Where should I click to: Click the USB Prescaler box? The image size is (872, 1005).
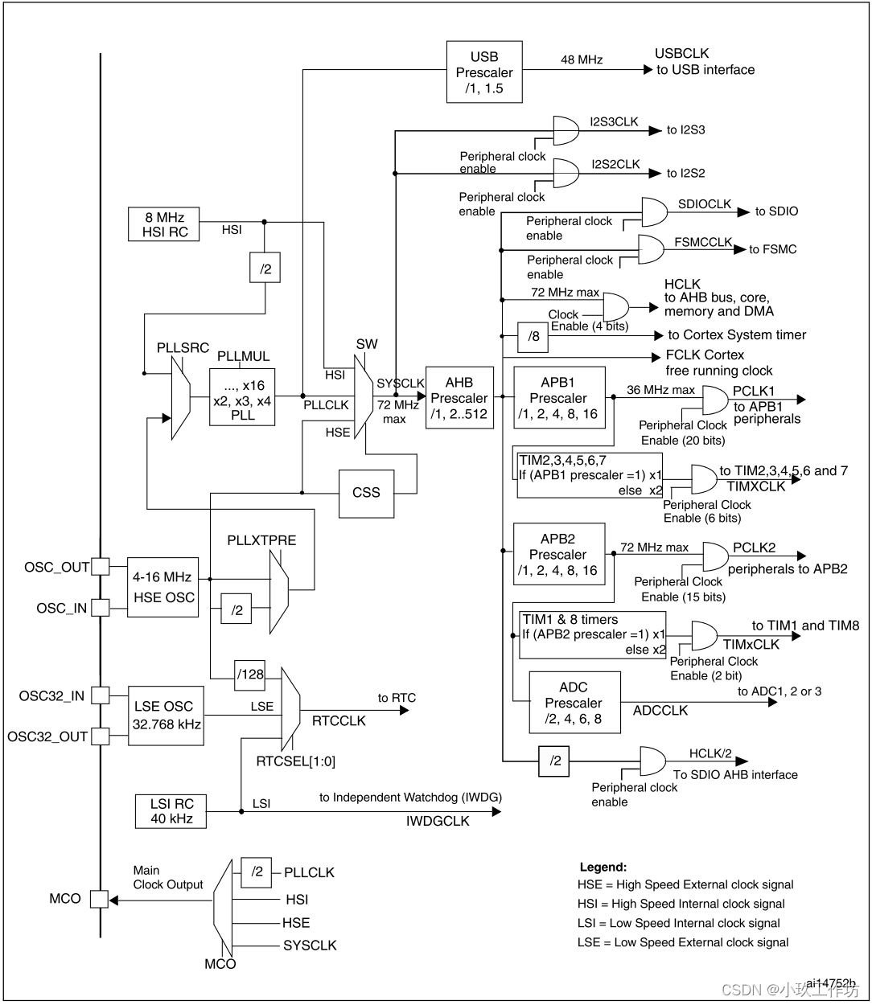[484, 72]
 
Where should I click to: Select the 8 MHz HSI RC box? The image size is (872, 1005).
[164, 224]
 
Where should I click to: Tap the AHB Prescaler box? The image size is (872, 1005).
[459, 398]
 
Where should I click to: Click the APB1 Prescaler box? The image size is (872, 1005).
[558, 398]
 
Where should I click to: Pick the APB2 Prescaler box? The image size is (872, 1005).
[558, 555]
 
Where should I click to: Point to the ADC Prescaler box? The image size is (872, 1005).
[574, 703]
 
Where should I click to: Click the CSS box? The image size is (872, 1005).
[366, 492]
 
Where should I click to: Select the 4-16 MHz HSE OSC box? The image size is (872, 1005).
[162, 587]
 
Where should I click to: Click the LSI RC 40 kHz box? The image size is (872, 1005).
[171, 811]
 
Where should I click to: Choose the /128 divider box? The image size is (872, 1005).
[249, 674]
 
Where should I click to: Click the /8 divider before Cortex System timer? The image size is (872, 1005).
[533, 336]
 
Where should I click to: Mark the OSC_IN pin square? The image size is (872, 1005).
[100, 608]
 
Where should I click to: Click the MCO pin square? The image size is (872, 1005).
[98, 899]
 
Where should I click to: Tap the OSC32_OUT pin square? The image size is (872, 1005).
[100, 736]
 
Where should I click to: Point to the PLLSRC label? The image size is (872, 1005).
[183, 348]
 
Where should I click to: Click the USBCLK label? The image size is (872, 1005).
[682, 53]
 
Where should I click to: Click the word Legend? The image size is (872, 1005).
[603, 867]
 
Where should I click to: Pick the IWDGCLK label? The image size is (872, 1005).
[438, 821]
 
